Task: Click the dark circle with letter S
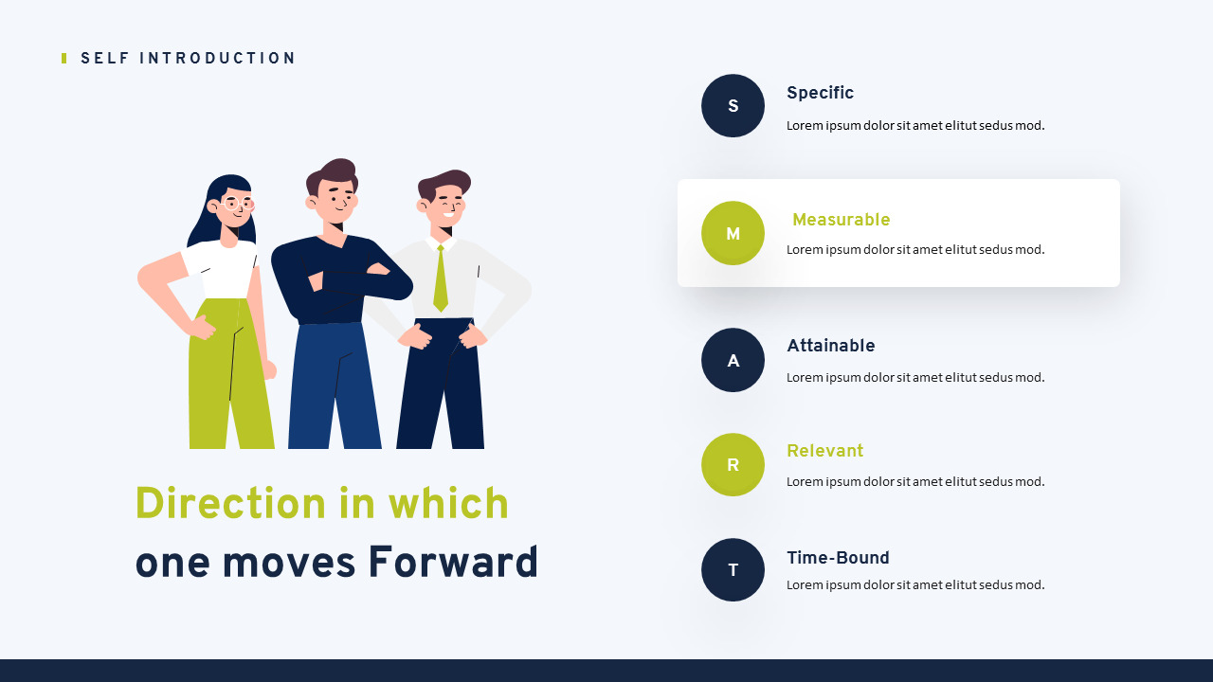[733, 105]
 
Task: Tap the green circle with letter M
[733, 233]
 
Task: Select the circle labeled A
[733, 360]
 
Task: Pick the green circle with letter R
[733, 464]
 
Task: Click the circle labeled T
[733, 569]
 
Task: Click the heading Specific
[820, 93]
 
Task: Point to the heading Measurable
[841, 219]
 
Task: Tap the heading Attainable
[831, 346]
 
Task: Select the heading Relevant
[824, 450]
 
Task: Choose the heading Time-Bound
[838, 558]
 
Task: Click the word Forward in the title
[453, 563]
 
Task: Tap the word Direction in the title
[230, 503]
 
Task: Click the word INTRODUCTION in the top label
[217, 58]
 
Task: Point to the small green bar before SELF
[63, 59]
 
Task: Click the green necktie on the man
[441, 278]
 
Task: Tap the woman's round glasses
[237, 204]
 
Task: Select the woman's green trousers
[230, 373]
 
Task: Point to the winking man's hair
[444, 183]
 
